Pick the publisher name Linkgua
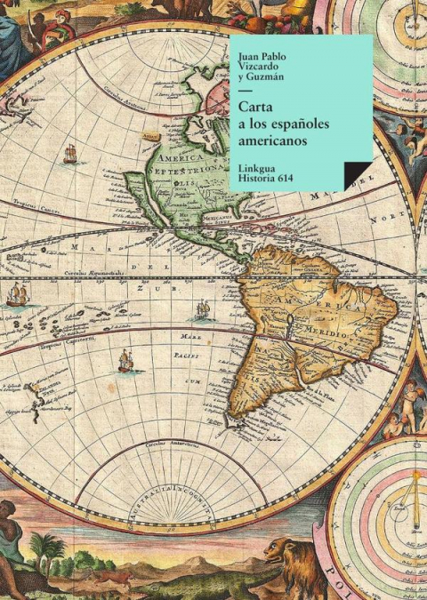259,165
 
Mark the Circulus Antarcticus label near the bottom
169,442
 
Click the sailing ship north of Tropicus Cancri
70,154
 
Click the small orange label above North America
150,135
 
